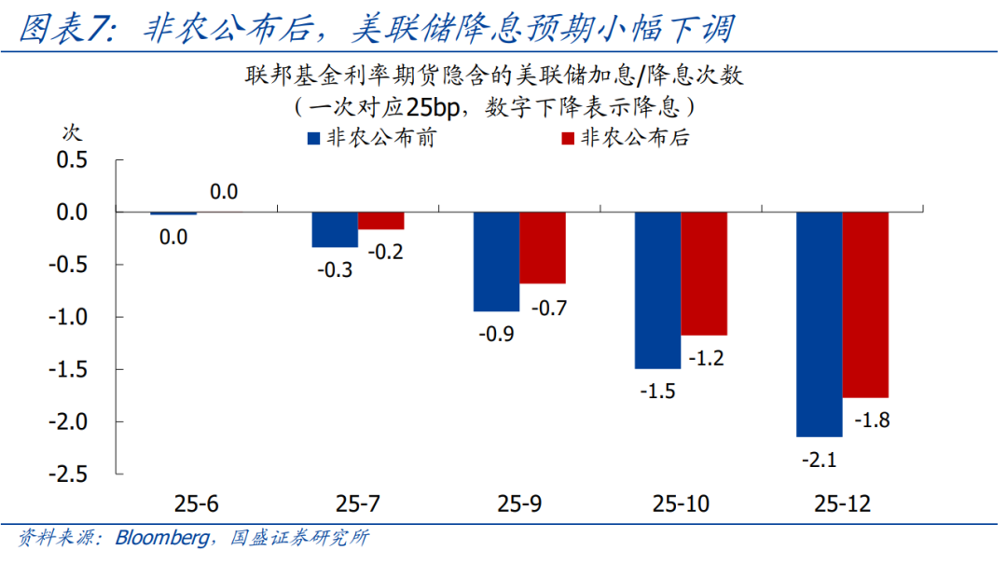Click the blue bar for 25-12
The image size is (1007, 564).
[x=819, y=324]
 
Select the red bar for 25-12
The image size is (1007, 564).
[x=865, y=305]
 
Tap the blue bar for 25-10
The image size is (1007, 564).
[x=657, y=291]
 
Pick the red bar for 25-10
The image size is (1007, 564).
[x=704, y=274]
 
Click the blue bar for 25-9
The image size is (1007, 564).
[x=496, y=262]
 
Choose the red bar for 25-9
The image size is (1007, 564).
[x=543, y=248]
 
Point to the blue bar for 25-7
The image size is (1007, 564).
[x=335, y=230]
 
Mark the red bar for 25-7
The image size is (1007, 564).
[x=381, y=221]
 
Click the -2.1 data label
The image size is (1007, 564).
[x=819, y=459]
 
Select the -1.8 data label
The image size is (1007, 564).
[x=870, y=420]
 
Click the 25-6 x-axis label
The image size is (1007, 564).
[x=196, y=504]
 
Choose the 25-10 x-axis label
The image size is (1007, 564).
[x=681, y=504]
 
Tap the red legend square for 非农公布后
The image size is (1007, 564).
[x=565, y=139]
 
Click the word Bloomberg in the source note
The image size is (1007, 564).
[x=160, y=539]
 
